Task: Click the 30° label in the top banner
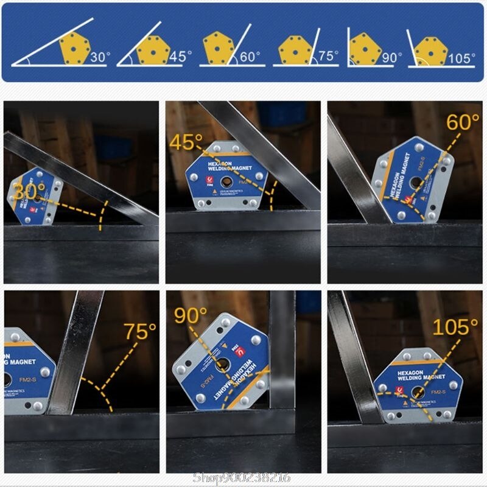pos(100,58)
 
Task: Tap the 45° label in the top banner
pos(180,57)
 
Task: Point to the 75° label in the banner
pos(328,56)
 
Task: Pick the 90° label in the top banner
pos(392,58)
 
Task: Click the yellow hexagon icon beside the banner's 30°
pos(74,48)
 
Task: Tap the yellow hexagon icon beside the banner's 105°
pos(430,51)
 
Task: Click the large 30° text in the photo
pos(29,190)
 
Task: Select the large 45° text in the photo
pos(186,143)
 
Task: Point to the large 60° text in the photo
pos(463,122)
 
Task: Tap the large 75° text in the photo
pos(140,332)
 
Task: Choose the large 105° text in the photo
pos(455,328)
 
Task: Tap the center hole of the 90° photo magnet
pos(221,365)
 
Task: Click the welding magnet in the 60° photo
pos(413,180)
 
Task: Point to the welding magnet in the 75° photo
pos(27,371)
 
